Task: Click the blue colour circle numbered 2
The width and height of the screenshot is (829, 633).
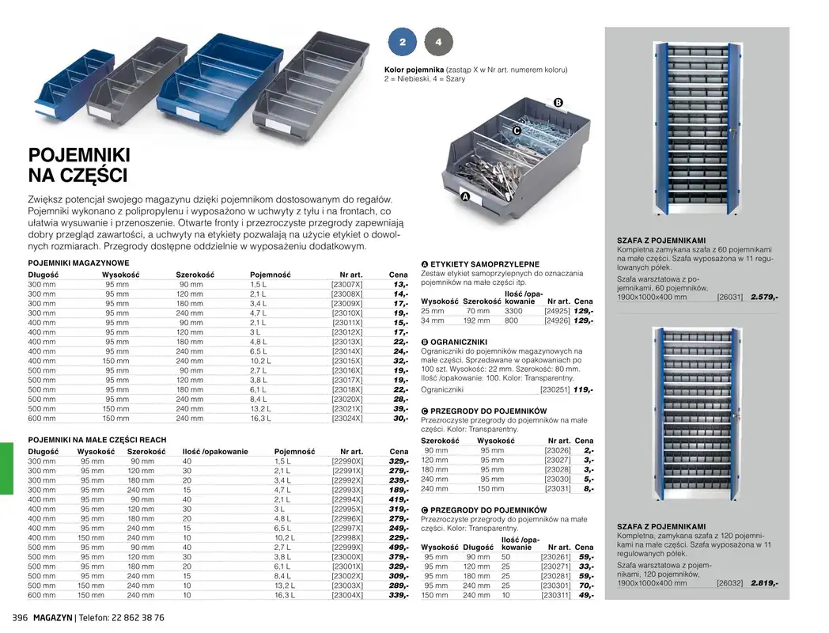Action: (402, 41)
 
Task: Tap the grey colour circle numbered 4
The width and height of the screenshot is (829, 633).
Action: (438, 41)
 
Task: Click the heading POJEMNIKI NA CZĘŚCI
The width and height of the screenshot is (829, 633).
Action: (79, 165)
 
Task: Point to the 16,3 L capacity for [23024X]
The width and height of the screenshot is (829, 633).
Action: (261, 419)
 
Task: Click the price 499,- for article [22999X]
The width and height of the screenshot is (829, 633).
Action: (398, 548)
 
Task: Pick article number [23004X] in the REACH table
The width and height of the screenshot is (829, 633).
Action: (347, 595)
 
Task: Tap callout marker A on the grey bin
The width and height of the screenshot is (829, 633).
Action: (465, 196)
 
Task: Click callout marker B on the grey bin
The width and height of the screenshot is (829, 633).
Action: (558, 103)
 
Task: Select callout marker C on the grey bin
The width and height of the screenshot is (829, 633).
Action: (517, 131)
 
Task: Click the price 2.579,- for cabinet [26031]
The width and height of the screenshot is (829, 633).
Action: (764, 297)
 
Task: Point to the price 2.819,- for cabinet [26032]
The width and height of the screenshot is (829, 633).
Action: (764, 583)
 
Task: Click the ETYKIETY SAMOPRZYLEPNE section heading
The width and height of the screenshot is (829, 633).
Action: (484, 263)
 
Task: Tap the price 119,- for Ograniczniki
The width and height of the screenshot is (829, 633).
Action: (583, 389)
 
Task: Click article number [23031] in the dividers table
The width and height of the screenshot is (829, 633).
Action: (557, 489)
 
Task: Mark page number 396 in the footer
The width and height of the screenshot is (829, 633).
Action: (17, 617)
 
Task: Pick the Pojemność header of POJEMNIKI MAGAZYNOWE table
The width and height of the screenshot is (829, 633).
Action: (271, 275)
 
